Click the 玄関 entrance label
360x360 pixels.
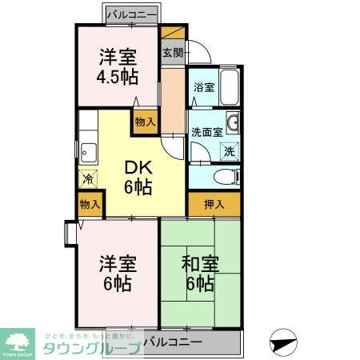pyautogui.click(x=172, y=54)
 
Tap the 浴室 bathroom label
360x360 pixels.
pyautogui.click(x=203, y=87)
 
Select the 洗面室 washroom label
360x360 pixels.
pyautogui.click(x=206, y=132)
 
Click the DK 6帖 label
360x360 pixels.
pyautogui.click(x=137, y=178)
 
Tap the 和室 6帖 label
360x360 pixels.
pyautogui.click(x=199, y=274)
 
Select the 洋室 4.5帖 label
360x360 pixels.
pyautogui.click(x=118, y=66)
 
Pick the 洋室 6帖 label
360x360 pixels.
pyautogui.click(x=115, y=274)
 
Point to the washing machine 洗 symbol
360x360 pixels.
pyautogui.click(x=229, y=150)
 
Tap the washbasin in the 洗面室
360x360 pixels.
pyautogui.click(x=232, y=122)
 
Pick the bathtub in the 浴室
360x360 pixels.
pyautogui.click(x=229, y=87)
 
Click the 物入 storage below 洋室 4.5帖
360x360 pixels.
pyautogui.click(x=144, y=122)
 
